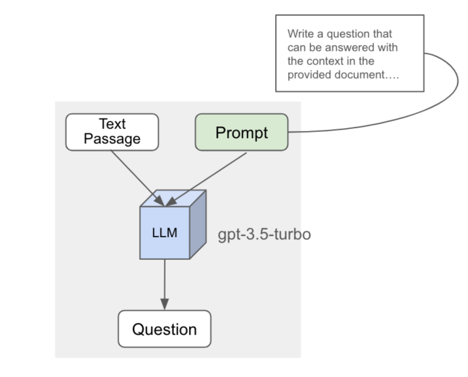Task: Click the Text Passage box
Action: click(112, 132)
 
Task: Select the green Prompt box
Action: click(241, 132)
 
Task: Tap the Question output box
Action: click(164, 329)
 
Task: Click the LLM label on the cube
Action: click(165, 233)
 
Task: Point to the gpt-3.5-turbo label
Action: click(264, 234)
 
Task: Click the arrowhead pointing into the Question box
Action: click(165, 304)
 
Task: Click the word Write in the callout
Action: click(301, 34)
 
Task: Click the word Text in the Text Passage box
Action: click(112, 124)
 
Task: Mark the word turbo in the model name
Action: click(292, 234)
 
